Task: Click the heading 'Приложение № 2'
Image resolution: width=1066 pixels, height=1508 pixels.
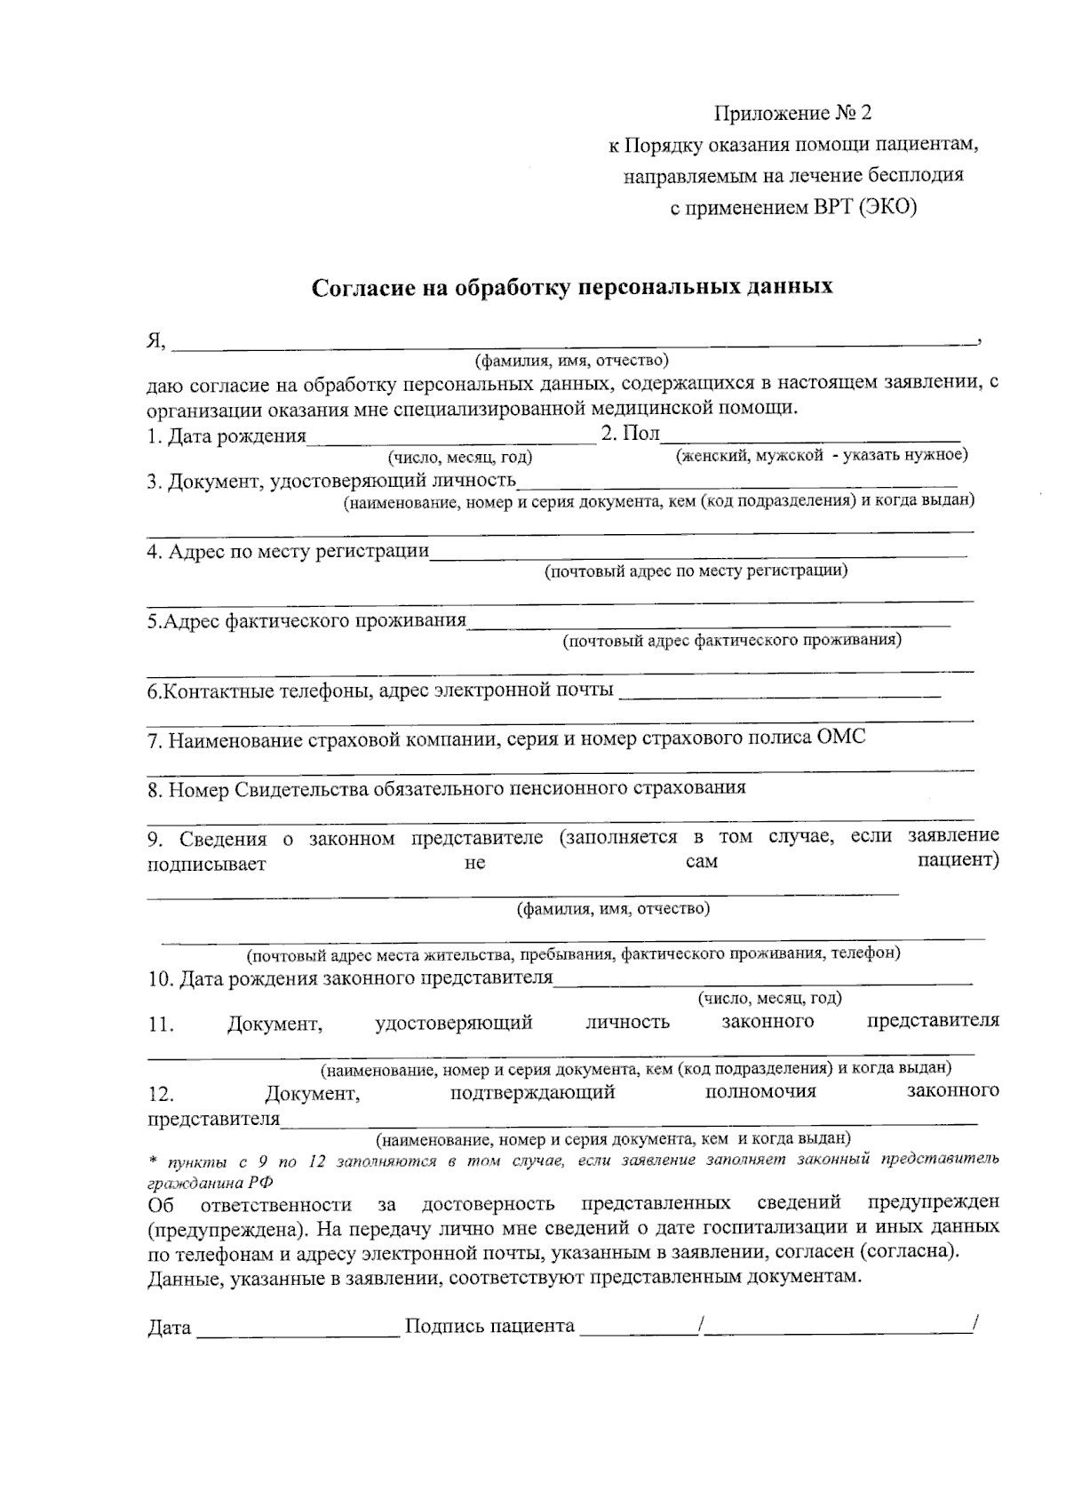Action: (x=793, y=114)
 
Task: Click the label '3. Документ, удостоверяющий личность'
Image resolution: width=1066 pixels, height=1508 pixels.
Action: (x=332, y=482)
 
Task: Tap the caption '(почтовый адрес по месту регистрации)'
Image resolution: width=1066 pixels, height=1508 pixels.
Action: (x=696, y=570)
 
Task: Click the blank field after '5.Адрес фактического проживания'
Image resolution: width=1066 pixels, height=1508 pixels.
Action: (x=709, y=621)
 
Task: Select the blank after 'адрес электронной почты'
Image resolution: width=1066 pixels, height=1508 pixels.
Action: (x=779, y=690)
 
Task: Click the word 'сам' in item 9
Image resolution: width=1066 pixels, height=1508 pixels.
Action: (x=702, y=862)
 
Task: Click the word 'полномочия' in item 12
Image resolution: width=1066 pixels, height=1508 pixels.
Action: (x=760, y=1091)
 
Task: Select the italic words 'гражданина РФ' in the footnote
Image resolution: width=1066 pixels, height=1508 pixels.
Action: (x=210, y=1183)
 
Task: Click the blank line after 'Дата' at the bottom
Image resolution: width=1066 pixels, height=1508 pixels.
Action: (x=298, y=1328)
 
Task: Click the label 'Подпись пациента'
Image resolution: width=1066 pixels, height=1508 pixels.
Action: (x=489, y=1327)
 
